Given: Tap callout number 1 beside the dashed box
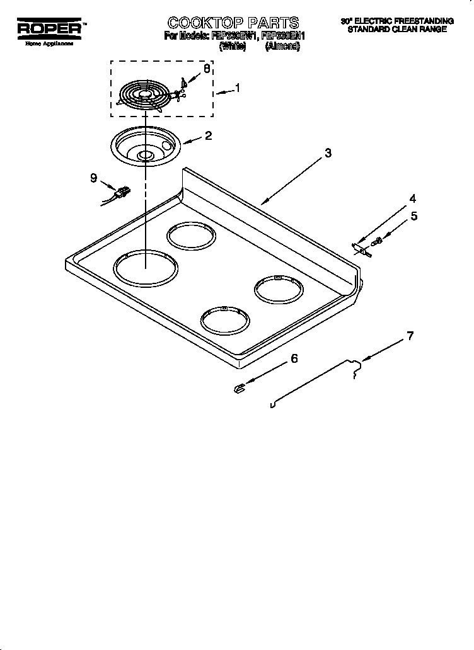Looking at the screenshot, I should tap(237, 88).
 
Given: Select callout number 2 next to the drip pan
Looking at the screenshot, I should tap(207, 135).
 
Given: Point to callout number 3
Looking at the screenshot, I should tap(328, 153).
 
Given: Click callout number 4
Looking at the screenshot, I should tap(413, 198).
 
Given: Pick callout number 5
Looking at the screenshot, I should tap(414, 216).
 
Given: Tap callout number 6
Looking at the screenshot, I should tap(294, 359).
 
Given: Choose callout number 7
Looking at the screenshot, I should tap(410, 336).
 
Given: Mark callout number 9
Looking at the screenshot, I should tap(93, 178).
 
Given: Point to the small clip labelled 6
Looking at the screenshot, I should tap(238, 389).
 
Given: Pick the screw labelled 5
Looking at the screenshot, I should tap(378, 240).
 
